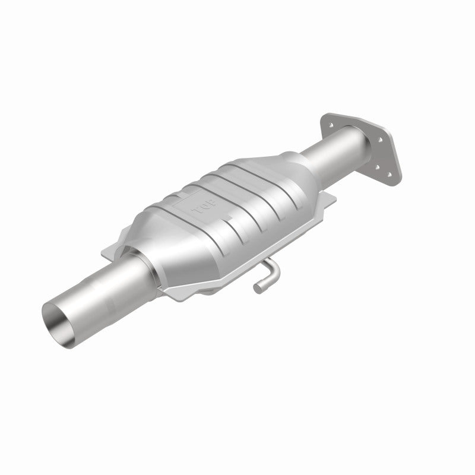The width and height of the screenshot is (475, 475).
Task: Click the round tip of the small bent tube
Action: [x=258, y=289]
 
